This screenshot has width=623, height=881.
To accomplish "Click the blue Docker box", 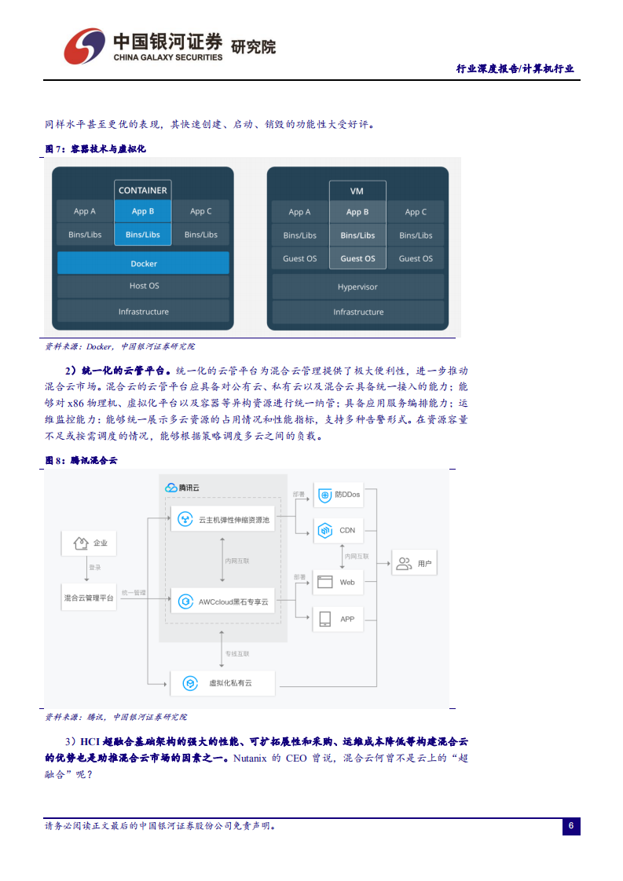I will (x=143, y=264).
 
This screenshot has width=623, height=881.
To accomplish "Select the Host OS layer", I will (x=143, y=286).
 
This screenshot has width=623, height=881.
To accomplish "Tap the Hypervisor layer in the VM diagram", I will (x=357, y=287).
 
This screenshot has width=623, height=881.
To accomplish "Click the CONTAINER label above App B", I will (x=142, y=190).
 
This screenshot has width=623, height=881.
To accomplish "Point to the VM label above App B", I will (x=357, y=191).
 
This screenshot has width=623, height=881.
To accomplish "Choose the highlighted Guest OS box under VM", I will (x=357, y=258).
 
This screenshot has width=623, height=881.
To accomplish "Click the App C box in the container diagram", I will (x=200, y=211).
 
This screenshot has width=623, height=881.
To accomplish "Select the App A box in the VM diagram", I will (x=299, y=212).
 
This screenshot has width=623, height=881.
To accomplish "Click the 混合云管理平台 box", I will (x=89, y=598).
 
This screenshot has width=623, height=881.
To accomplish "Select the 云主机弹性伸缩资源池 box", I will (x=223, y=519).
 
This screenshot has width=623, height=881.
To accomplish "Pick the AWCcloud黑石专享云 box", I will (x=223, y=601).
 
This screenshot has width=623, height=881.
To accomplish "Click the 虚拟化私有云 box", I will (x=223, y=683).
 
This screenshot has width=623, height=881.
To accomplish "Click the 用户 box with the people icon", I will (x=415, y=563).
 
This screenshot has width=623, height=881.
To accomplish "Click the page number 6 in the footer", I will (x=571, y=826).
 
